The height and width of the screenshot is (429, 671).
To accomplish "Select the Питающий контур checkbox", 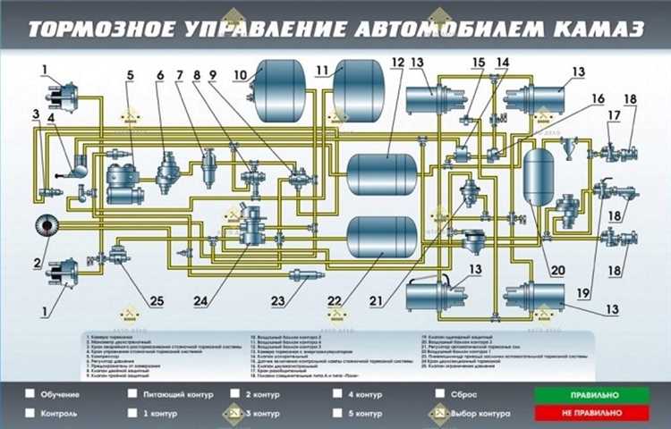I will pos(132,394).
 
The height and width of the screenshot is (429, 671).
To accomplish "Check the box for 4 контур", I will pos(337,394).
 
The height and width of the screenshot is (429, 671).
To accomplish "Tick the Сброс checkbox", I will pos(440,394).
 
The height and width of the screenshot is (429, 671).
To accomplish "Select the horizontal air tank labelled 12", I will pos(386,170).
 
